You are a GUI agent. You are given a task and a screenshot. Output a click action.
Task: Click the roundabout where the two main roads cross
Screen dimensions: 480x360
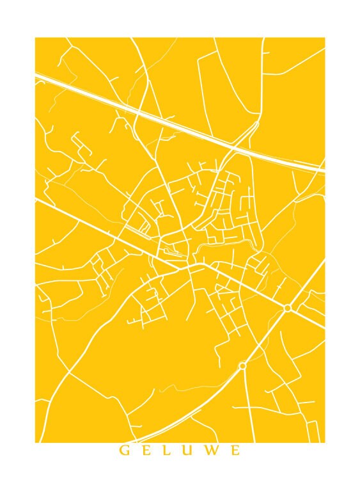(x=288, y=308)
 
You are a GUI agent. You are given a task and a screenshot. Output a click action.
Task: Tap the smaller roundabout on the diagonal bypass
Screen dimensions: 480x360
(x=242, y=365)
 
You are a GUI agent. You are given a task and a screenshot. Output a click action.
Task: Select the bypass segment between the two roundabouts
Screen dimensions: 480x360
(x=265, y=337)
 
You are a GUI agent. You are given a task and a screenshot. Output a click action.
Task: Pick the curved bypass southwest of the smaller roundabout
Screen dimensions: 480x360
(x=192, y=403)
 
